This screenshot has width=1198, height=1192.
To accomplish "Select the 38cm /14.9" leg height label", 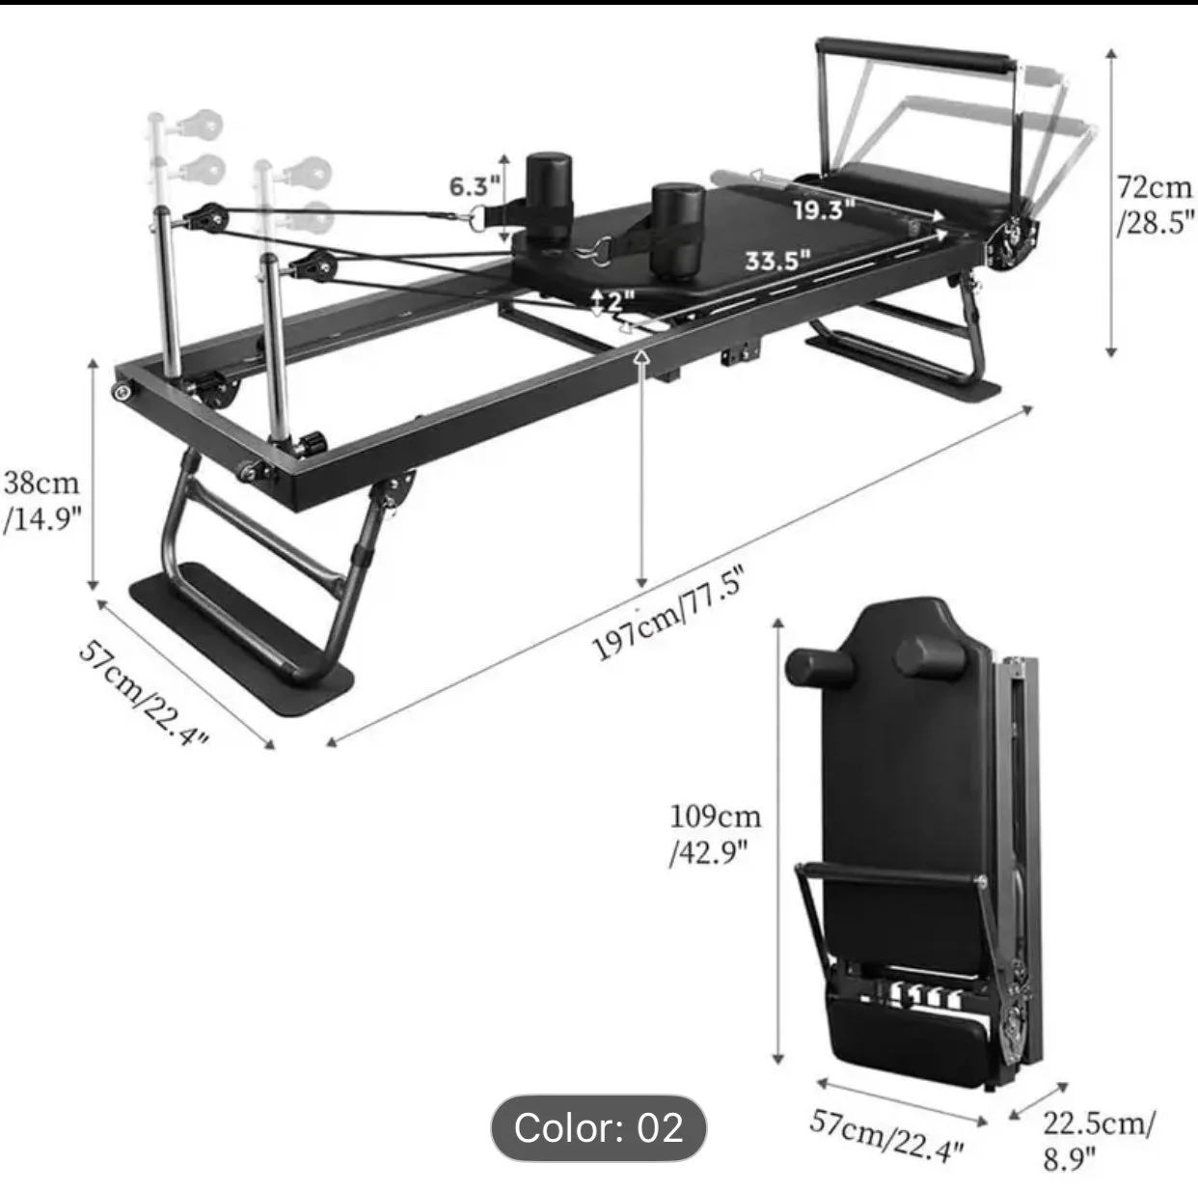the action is coord(42,502).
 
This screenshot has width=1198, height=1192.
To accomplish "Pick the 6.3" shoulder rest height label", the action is coord(475,185).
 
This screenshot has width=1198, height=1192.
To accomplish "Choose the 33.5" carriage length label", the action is coord(778,260).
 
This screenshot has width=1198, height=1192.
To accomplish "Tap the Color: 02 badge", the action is coord(599,1127).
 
